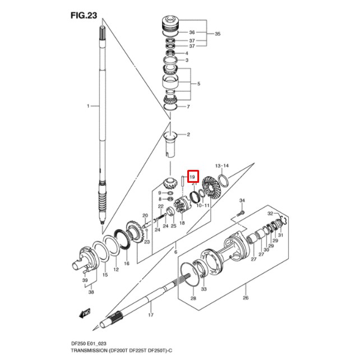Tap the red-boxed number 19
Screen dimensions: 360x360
pyautogui.click(x=192, y=177)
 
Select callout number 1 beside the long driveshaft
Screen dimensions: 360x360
pyautogui.click(x=88, y=106)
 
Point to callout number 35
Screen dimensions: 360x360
pyautogui.click(x=218, y=34)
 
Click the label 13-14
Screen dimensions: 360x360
pyautogui.click(x=223, y=167)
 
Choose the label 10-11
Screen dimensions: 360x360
pyautogui.click(x=203, y=206)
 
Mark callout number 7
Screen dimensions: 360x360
pyautogui.click(x=188, y=107)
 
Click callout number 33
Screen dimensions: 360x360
pyautogui.click(x=204, y=289)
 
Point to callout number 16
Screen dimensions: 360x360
pyautogui.click(x=126, y=263)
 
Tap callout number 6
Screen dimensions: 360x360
pyautogui.click(x=176, y=253)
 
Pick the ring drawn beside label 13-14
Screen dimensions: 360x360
pyautogui.click(x=223, y=181)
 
